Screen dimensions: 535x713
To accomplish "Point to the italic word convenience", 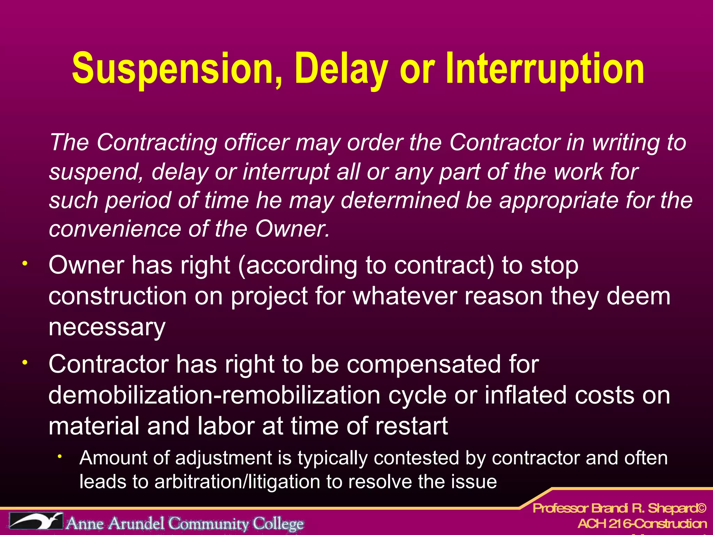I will click(115, 229).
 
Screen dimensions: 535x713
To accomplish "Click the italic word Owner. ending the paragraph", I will click(292, 229).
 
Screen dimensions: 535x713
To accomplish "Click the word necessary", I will click(107, 327).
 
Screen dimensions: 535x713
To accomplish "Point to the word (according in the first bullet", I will click(297, 265).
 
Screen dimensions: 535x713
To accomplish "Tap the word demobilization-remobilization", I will click(214, 395).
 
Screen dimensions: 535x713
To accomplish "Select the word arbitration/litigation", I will click(236, 482).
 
